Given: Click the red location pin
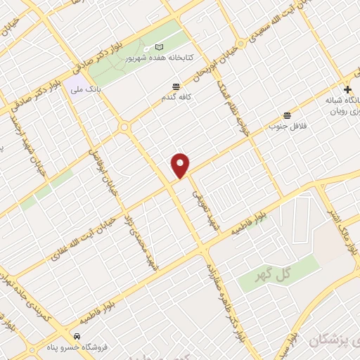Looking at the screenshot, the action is click(181, 165).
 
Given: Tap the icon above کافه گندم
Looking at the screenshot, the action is click(175, 87).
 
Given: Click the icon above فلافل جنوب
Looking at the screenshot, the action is click(287, 115).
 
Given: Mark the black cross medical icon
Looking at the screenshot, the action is click(347, 89).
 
